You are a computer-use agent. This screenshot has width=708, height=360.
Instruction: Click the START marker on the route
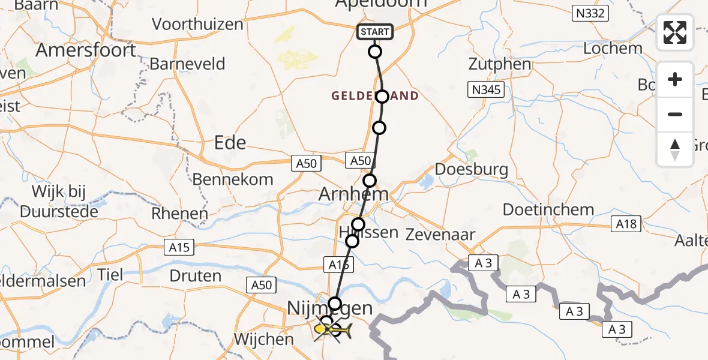coord(375,32)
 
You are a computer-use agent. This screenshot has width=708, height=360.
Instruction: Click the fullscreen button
coord(675,32)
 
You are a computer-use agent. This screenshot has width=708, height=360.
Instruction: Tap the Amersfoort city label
coord(86,50)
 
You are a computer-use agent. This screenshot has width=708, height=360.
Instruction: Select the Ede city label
coord(230,142)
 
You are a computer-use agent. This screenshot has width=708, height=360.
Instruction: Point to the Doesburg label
coord(472,169)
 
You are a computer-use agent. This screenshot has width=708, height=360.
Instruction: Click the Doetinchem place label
coord(548,210)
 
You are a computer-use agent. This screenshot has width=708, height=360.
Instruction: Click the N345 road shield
coord(486,90)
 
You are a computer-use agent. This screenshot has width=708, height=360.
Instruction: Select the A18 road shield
coord(626,224)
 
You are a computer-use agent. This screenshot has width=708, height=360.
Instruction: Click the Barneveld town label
coord(187,64)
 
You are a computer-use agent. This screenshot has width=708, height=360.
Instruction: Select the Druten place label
coord(195,276)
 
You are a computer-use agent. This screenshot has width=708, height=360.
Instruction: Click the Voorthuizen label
coord(197,25)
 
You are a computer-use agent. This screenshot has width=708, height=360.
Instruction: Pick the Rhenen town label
coord(179,213)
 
